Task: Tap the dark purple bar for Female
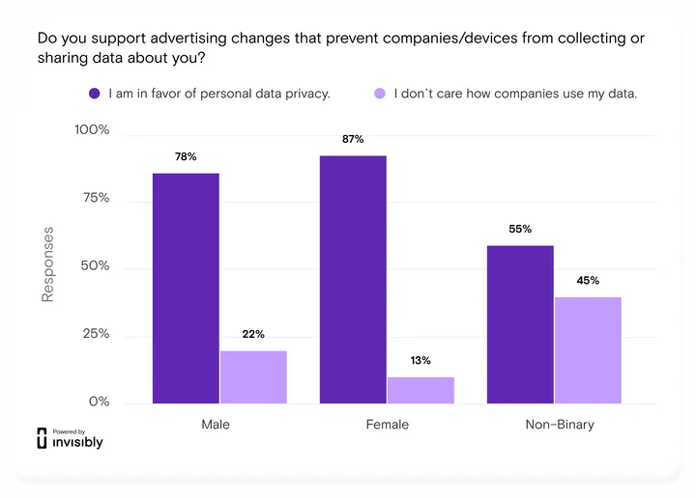point(353,279)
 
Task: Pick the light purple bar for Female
point(420,389)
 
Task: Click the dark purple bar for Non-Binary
point(520,324)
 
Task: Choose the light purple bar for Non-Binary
point(588,349)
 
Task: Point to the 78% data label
point(186,156)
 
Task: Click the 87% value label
point(353,139)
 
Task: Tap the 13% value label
point(420,360)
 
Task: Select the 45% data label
point(588,281)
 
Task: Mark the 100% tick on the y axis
point(93,130)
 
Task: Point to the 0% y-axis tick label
point(99,401)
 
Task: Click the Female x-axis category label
point(387,425)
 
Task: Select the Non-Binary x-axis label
point(560,425)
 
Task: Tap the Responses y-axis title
point(47,264)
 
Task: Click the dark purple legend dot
point(95,94)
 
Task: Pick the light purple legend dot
point(379,94)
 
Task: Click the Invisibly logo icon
point(42,437)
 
